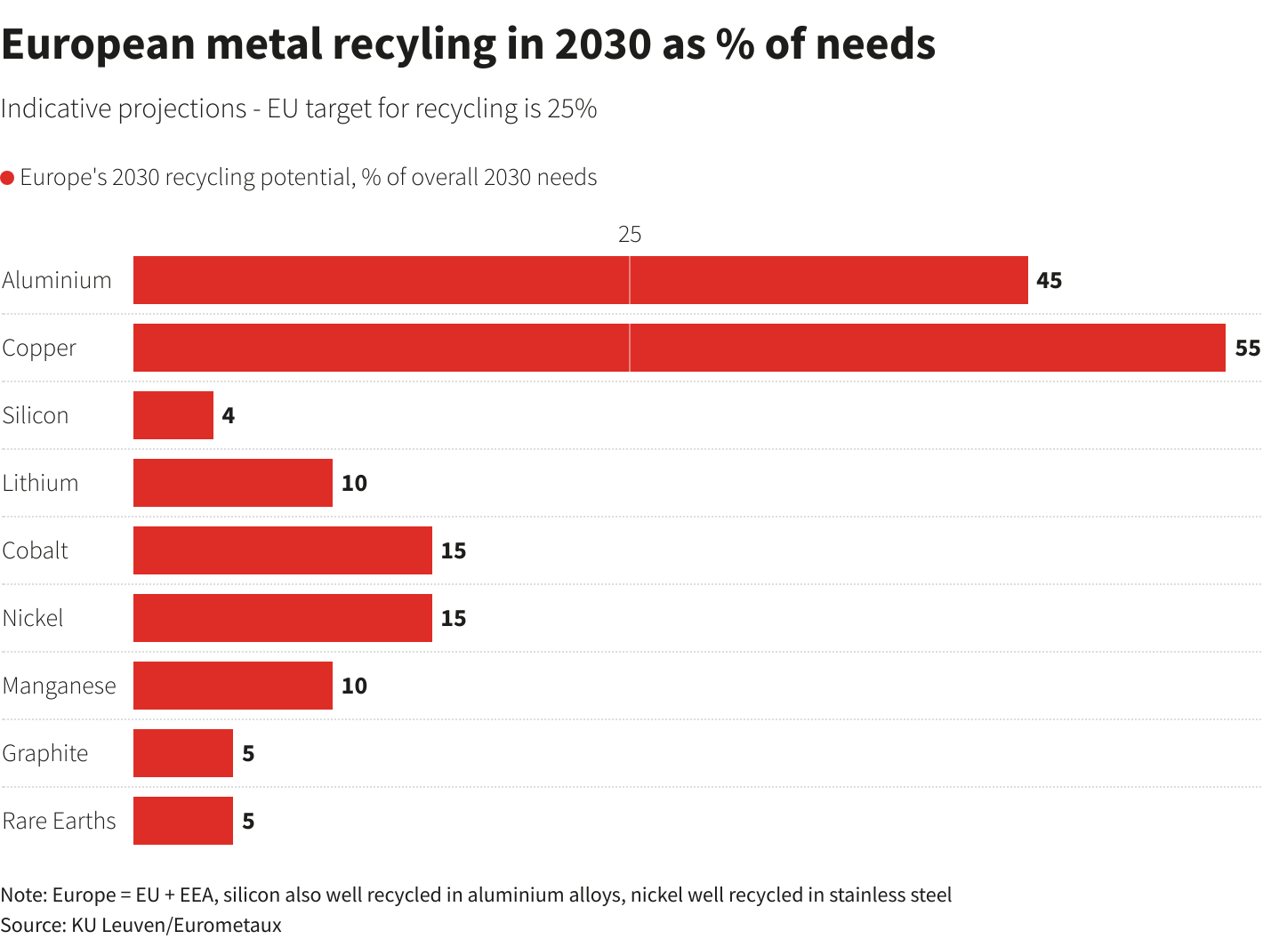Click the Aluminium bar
[x=580, y=280]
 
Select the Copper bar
[x=679, y=348]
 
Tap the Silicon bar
[x=173, y=415]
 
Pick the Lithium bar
[x=233, y=483]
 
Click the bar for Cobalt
[x=283, y=550]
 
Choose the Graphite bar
[x=183, y=753]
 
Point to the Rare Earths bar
[x=183, y=821]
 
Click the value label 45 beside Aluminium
[x=1050, y=280]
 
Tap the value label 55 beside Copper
[x=1247, y=348]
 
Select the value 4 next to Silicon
[x=229, y=415]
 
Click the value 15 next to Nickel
[x=454, y=618]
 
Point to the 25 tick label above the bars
[x=630, y=234]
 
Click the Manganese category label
[x=60, y=686]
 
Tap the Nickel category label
[x=33, y=618]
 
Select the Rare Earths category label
[x=60, y=821]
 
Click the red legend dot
[x=8, y=178]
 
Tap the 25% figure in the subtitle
[x=573, y=108]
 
